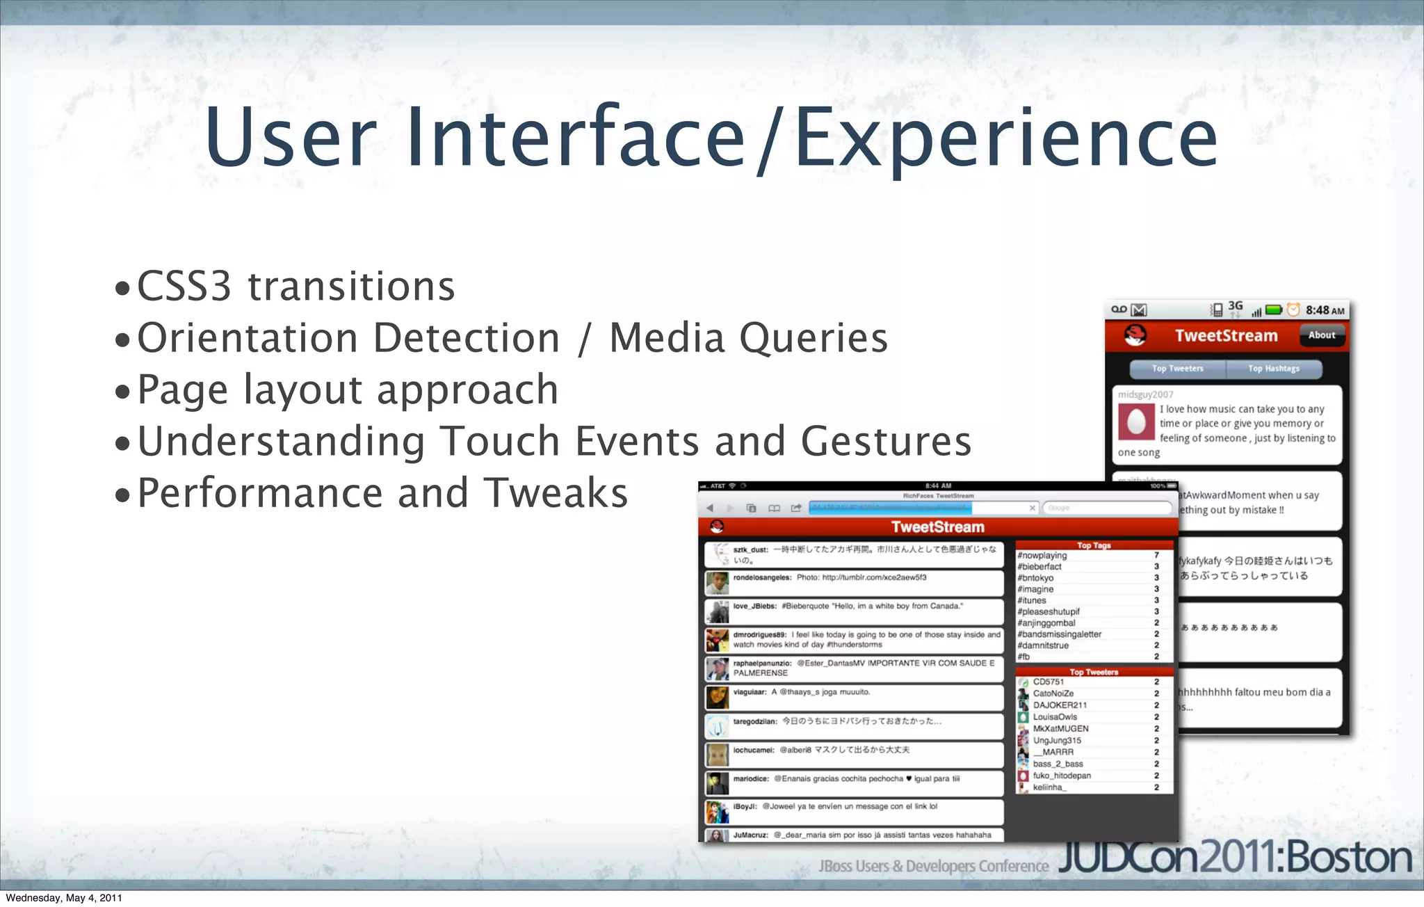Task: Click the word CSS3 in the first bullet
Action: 184,286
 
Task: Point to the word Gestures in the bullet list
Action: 886,441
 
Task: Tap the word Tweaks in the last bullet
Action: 556,493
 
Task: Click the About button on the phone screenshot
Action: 1321,335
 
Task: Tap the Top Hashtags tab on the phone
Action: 1273,369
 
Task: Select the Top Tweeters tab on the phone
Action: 1177,369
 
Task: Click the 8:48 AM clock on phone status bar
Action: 1324,310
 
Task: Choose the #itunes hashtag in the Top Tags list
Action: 1032,600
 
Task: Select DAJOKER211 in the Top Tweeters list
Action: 1060,705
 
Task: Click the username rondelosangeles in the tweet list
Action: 762,578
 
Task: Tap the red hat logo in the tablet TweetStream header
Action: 717,527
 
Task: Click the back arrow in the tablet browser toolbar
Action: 710,508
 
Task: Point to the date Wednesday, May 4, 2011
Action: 64,898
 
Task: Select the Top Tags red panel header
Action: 1094,545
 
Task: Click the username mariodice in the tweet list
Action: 751,779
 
